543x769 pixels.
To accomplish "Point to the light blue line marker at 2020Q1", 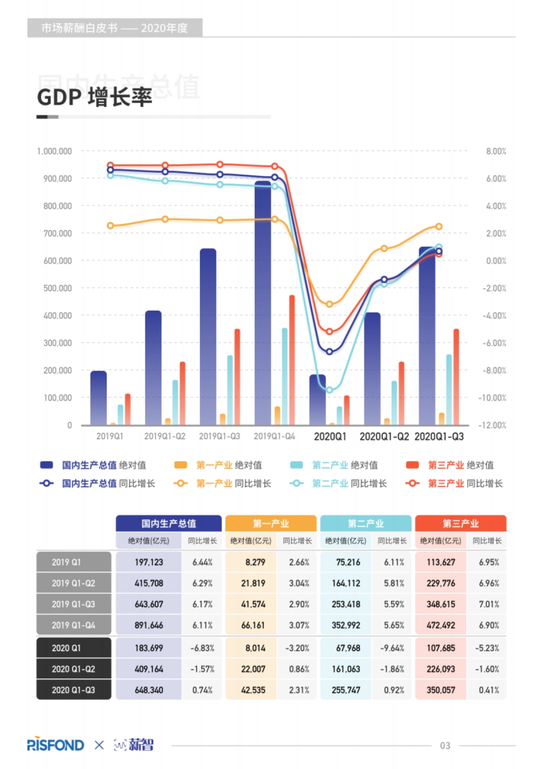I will tap(329, 390).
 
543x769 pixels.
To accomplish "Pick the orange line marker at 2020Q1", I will tap(329, 304).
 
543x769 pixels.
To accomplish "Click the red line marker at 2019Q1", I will tap(110, 165).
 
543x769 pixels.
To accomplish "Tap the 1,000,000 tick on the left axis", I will tap(54, 151).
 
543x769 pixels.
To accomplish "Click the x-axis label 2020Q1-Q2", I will tap(384, 437).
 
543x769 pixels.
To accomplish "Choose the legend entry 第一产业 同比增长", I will tap(223, 484).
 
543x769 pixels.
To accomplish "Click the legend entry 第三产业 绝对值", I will tap(450, 465).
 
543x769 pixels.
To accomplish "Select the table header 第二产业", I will tap(366, 524).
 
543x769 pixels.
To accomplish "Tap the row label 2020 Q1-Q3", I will tap(73, 690).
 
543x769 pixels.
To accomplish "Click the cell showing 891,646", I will tap(148, 625).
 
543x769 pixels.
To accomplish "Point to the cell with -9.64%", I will tap(392, 648).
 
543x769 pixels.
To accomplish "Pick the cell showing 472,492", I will tap(441, 625).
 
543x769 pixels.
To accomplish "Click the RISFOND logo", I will tap(56, 745).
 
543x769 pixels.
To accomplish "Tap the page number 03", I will tap(445, 745).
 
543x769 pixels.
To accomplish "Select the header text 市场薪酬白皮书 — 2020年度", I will tap(114, 28).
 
